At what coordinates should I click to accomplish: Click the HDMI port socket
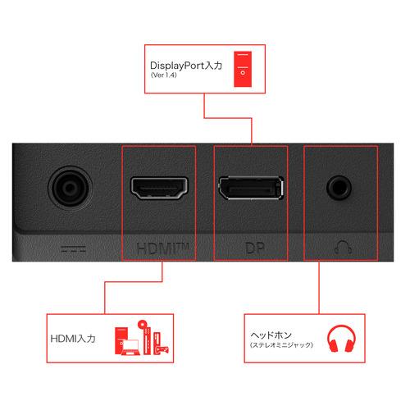click(159, 188)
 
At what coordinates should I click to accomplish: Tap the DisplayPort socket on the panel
click(251, 188)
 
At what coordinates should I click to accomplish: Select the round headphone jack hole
click(339, 188)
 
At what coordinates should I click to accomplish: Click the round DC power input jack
click(71, 188)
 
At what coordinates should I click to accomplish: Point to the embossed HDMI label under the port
click(163, 248)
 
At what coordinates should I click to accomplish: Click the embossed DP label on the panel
click(255, 248)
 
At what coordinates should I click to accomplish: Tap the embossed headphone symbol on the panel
click(343, 247)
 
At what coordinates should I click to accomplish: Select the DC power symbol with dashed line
click(73, 248)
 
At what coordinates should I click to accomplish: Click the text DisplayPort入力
click(186, 66)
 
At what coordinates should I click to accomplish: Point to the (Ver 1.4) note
click(164, 75)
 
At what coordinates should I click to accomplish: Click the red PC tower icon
click(243, 69)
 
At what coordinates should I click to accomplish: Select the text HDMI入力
click(73, 339)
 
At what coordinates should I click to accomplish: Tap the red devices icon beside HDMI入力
click(142, 338)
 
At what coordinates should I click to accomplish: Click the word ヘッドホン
click(271, 335)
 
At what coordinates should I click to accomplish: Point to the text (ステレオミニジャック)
click(281, 345)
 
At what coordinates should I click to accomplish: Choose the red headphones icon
click(341, 339)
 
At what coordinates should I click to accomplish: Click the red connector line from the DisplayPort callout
click(228, 118)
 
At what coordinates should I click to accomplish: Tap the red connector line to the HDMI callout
click(134, 281)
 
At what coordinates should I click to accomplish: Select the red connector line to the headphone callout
click(319, 288)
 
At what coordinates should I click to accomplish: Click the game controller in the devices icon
click(162, 349)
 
